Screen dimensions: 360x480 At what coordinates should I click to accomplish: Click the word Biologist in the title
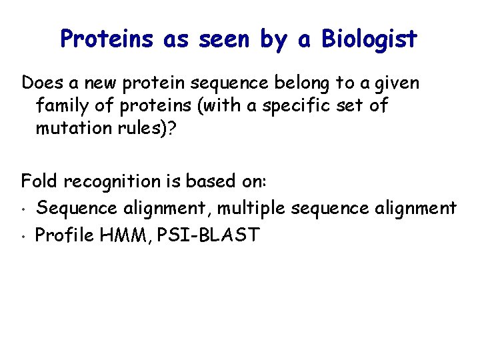click(369, 39)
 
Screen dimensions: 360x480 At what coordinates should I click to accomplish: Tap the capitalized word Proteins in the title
click(109, 39)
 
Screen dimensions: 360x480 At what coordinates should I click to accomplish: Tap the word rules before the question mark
click(144, 127)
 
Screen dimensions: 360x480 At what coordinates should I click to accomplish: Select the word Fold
click(39, 180)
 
